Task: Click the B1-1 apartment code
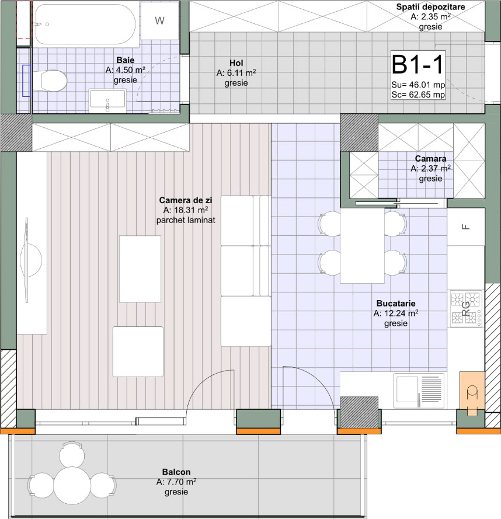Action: tap(418, 65)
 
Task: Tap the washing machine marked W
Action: tap(160, 20)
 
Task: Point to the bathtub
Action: tap(86, 24)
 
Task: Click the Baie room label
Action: tap(126, 60)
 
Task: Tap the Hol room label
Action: tap(236, 63)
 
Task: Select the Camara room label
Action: tap(430, 159)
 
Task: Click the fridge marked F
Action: tap(465, 227)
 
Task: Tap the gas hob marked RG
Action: tap(465, 308)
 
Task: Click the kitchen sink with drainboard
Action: tap(419, 390)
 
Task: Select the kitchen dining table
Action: tap(362, 245)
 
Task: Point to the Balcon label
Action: tap(176, 472)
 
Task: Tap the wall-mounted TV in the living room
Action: tap(27, 260)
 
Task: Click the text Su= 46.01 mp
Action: tap(418, 85)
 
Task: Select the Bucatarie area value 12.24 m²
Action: tap(396, 313)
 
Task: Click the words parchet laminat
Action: tap(186, 220)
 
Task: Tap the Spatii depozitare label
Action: tap(430, 6)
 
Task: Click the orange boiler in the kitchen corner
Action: tap(472, 392)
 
